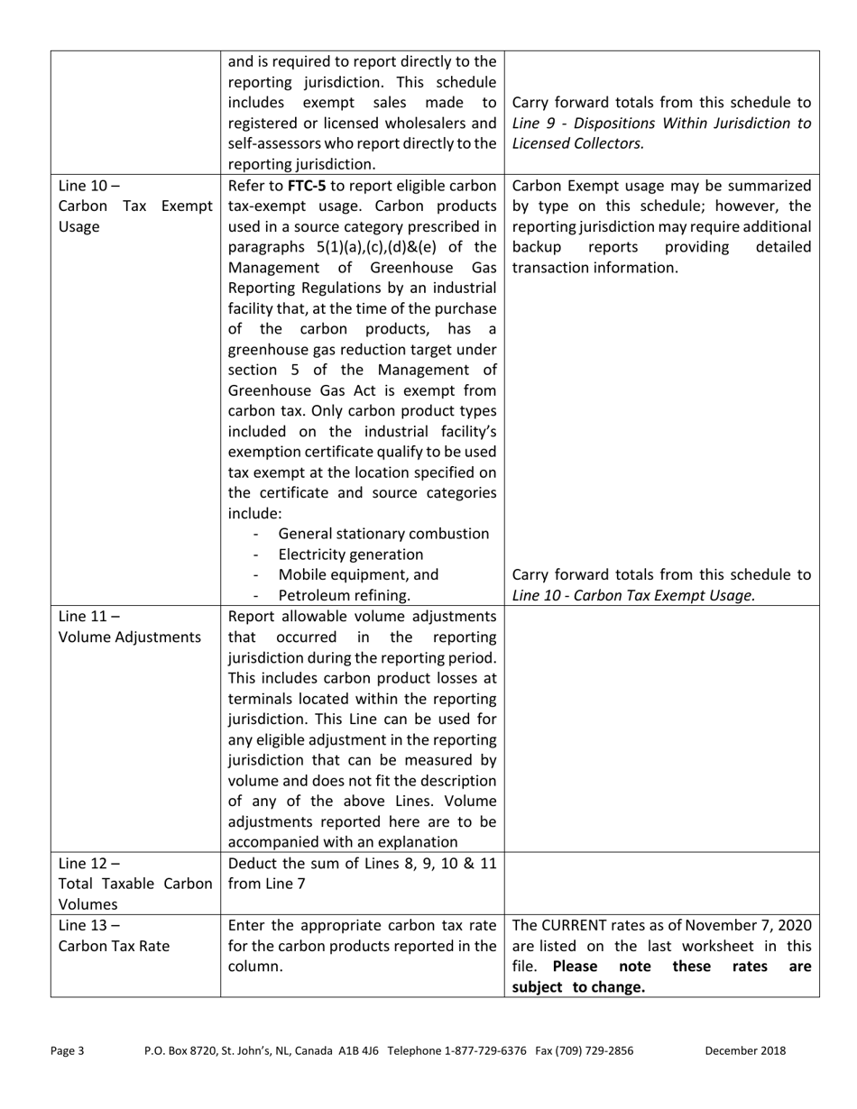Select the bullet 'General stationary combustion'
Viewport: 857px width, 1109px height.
383,534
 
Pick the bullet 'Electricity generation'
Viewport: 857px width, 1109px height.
350,554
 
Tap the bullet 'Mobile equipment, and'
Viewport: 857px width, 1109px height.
358,575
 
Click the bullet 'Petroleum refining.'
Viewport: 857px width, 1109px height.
344,595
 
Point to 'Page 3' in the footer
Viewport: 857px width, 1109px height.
68,1050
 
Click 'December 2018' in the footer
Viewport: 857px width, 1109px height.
745,1050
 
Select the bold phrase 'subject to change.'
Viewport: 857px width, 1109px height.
578,986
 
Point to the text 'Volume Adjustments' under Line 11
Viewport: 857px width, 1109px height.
130,637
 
